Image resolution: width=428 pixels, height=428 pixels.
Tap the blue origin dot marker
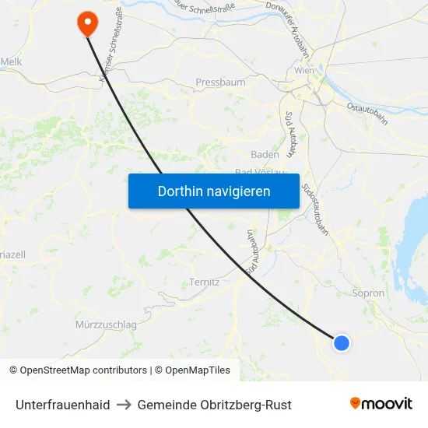click(x=341, y=342)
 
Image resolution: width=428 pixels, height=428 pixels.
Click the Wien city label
click(x=304, y=71)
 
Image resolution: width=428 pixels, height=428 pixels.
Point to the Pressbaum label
click(x=220, y=82)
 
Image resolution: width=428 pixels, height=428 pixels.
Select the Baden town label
click(x=265, y=154)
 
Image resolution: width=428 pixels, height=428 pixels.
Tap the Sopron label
click(x=368, y=293)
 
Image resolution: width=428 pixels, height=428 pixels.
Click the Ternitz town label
click(x=204, y=282)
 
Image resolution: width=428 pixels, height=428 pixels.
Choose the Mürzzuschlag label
click(x=107, y=324)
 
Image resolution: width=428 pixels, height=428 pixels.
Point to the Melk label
click(x=11, y=61)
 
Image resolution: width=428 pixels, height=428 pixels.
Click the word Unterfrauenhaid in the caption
click(x=62, y=405)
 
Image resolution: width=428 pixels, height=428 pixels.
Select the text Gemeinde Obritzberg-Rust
click(x=214, y=405)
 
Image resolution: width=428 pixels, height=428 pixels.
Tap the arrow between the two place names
click(x=124, y=405)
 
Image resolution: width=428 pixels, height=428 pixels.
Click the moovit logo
click(x=381, y=403)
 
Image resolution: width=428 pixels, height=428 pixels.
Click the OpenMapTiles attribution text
click(x=195, y=370)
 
